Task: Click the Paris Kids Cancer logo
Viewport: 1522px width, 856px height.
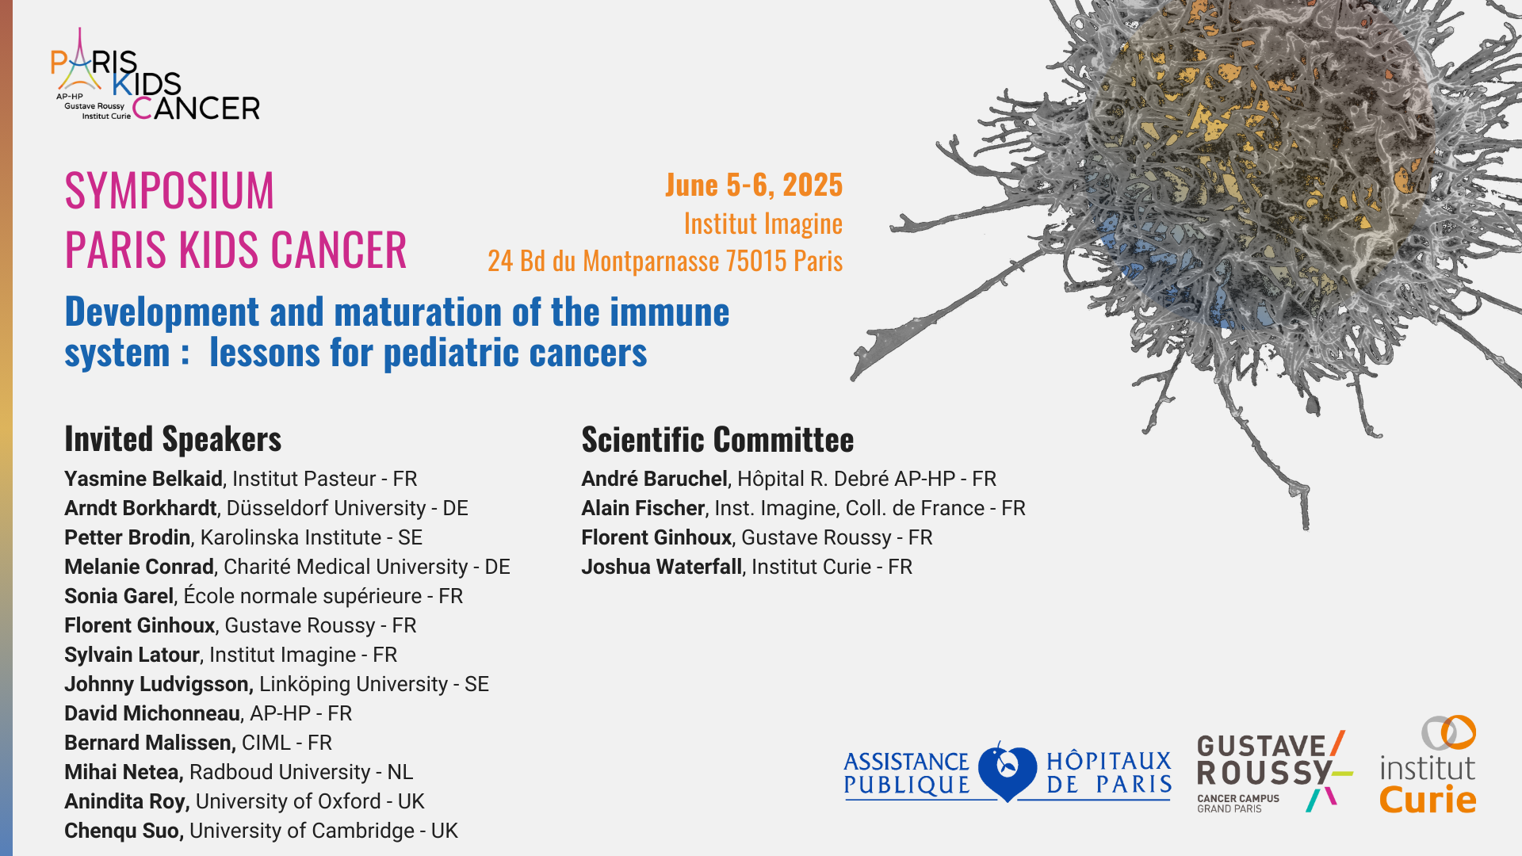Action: (x=155, y=75)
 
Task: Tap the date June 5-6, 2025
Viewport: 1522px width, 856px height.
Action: (x=754, y=185)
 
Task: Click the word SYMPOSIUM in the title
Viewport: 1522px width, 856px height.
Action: (x=170, y=191)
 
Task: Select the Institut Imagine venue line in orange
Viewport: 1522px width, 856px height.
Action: (x=763, y=224)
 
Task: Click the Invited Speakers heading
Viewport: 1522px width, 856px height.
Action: (x=173, y=439)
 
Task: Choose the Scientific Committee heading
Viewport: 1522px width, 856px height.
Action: (x=717, y=439)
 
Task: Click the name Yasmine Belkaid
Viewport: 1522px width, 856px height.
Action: (x=143, y=479)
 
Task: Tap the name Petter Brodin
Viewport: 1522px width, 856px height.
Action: (x=128, y=537)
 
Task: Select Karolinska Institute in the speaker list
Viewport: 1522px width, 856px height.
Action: (x=291, y=537)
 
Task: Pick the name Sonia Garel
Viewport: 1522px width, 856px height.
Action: (x=119, y=596)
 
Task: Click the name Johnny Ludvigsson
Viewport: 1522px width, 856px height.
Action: (x=157, y=684)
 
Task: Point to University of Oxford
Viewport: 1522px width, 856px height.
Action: (x=289, y=801)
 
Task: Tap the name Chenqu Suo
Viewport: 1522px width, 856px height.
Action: (x=123, y=831)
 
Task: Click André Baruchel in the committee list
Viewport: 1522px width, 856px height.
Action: (x=654, y=479)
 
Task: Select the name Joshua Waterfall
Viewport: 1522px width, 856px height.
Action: (x=662, y=567)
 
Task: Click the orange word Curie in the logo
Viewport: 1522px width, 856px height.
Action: (x=1428, y=800)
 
